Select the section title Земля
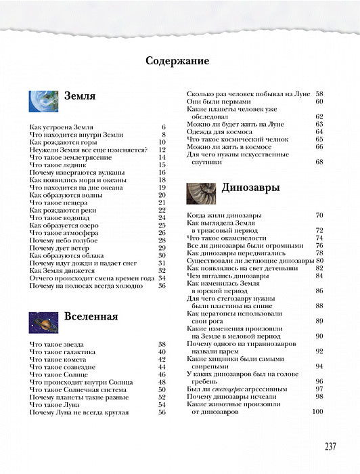tap(79, 96)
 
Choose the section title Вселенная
tap(91, 317)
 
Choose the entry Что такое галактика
tap(65, 351)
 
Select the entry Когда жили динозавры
tap(228, 215)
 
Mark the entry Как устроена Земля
tap(62, 127)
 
